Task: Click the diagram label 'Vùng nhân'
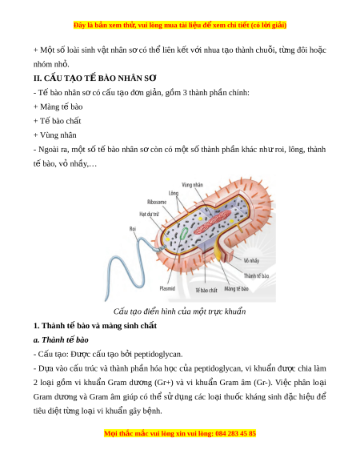[192, 185]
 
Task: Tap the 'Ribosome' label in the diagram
[157, 202]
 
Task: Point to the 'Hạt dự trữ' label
[149, 214]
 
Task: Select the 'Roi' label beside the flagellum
[133, 228]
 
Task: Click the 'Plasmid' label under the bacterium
[167, 288]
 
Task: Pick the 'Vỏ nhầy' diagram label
[251, 261]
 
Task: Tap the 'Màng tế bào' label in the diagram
[236, 288]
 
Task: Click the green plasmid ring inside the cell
[183, 233]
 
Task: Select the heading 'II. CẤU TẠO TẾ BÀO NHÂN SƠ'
[94, 78]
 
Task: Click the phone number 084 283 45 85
[235, 433]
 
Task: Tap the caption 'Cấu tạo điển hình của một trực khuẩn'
[180, 311]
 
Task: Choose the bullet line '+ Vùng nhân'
[55, 135]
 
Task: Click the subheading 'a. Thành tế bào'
[61, 339]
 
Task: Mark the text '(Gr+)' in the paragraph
[164, 383]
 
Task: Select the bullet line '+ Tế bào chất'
[57, 121]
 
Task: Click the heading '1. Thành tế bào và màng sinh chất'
[95, 326]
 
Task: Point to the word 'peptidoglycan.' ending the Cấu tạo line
[158, 354]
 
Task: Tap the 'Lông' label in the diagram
[174, 193]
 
